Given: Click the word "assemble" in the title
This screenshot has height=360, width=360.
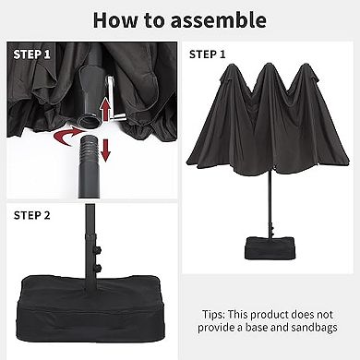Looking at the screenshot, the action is (219, 20).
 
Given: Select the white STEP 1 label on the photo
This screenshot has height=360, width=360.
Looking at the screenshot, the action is (31, 54).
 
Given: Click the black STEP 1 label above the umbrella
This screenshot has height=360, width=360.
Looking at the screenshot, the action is (207, 54).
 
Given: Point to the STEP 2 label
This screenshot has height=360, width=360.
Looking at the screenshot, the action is (31, 215).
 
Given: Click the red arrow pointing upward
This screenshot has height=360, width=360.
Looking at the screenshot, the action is (105, 109).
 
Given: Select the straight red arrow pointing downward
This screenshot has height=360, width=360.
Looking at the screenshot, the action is (105, 150).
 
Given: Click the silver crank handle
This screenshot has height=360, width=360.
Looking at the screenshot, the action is (114, 99).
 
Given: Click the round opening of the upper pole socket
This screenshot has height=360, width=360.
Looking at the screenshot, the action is (90, 121).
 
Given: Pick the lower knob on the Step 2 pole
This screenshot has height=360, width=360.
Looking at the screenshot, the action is (98, 267).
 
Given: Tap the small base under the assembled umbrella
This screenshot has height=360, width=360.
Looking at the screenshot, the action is (269, 248).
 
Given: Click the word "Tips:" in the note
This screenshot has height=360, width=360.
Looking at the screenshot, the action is (214, 315).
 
